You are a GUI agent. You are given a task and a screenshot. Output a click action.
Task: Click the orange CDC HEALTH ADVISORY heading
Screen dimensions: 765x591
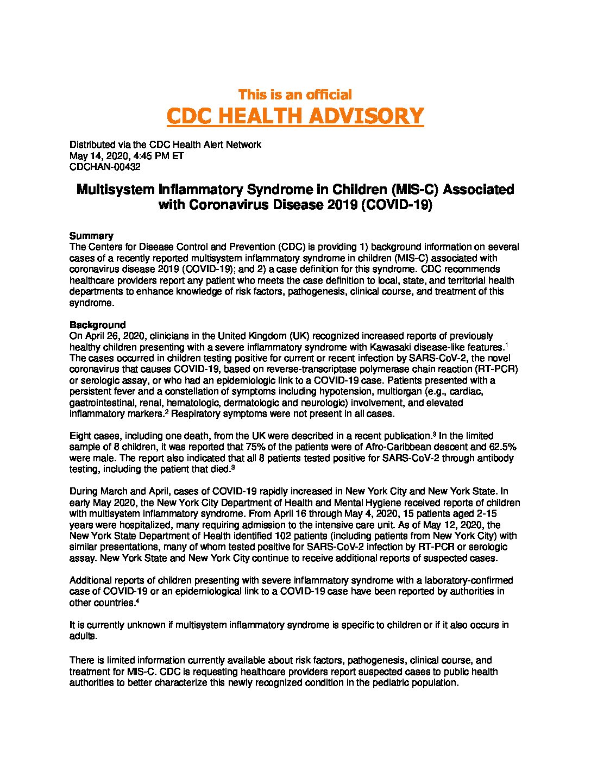[x=295, y=116]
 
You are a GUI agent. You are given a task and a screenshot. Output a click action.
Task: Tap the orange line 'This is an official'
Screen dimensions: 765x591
[x=295, y=95]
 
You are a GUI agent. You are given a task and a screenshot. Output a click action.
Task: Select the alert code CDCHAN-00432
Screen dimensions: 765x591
[x=105, y=167]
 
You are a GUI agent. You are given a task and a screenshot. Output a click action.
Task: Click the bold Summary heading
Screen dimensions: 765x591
[x=91, y=236]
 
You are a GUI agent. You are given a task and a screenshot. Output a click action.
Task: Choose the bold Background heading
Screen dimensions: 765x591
[x=97, y=325]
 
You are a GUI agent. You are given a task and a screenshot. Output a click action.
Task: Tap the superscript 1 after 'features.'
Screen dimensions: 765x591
[x=506, y=345]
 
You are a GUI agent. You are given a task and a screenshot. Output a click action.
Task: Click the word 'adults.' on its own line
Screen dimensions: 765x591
[x=83, y=636]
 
